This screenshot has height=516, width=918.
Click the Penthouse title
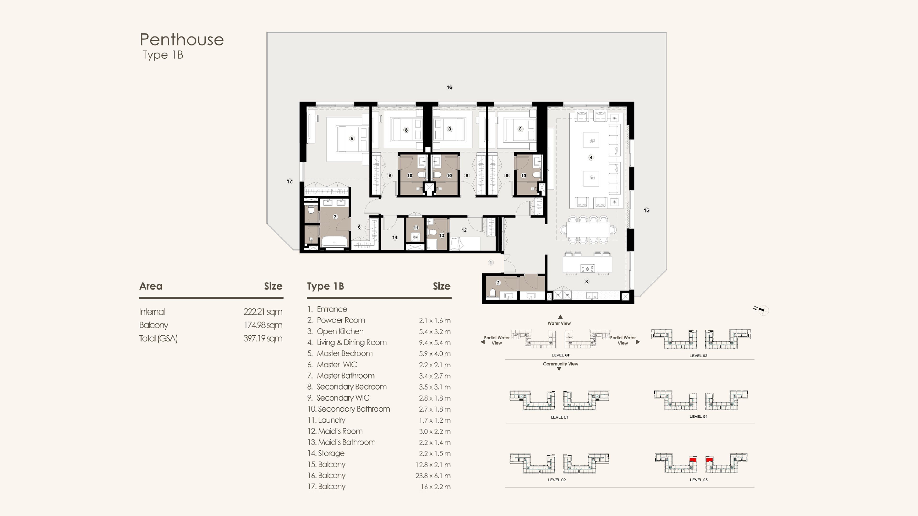182,39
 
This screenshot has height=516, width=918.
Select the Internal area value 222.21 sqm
263,312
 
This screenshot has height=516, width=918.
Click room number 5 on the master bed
352,139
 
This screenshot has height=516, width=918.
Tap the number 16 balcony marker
449,87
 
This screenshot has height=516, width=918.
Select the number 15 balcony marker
646,210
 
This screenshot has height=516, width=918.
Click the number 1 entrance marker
491,263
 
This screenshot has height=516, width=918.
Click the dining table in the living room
588,230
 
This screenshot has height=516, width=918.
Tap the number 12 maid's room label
464,230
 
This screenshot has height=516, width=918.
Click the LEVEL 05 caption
699,480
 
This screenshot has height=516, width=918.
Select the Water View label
559,323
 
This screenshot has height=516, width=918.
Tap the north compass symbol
762,310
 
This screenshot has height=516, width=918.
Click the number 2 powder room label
498,283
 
